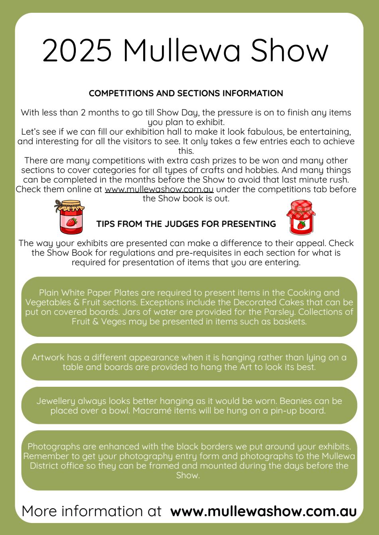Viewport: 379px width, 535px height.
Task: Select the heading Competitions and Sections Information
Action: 186,93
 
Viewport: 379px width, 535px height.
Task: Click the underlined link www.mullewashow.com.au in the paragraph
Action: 159,189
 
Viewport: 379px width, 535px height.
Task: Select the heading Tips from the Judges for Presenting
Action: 186,224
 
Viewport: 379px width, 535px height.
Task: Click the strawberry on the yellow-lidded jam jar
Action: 71,222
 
